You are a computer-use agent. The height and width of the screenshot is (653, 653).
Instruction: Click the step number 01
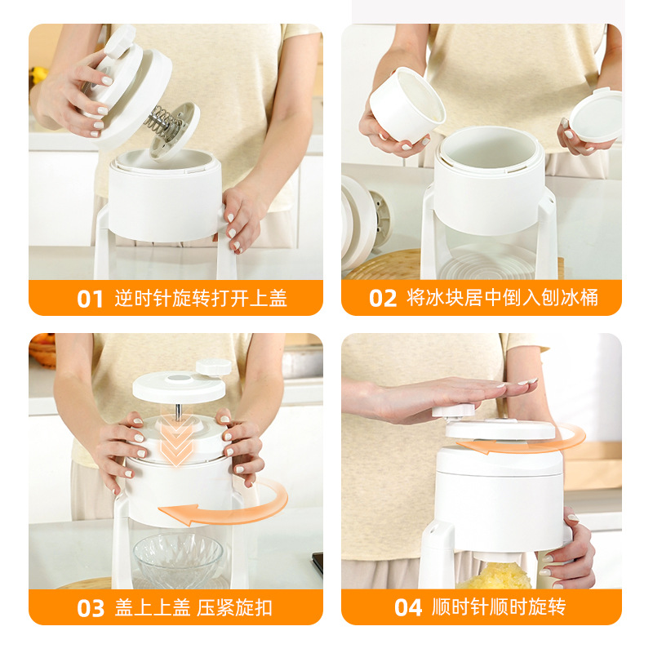pos(90,299)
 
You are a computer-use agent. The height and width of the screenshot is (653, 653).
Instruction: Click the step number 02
pos(383,299)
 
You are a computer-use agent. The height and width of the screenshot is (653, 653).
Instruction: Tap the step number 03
pos(91,608)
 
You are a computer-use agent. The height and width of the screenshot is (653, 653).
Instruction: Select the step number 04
pos(408,607)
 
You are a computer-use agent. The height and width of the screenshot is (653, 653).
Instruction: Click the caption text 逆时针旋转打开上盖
pos(201,298)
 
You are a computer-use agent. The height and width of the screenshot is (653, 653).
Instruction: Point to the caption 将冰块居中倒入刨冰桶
pos(502,298)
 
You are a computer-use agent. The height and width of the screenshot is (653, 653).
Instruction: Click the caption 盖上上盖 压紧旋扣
pos(193,607)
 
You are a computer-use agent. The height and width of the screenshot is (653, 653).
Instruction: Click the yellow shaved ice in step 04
pos(495,575)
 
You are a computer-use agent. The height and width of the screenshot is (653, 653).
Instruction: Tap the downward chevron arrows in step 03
pos(176,440)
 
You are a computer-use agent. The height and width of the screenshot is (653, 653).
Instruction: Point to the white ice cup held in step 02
pos(406,104)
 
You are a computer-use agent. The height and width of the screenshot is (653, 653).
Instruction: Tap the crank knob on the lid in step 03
pos(214,367)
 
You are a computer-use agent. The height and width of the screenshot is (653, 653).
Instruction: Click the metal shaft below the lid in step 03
pos(178,411)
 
